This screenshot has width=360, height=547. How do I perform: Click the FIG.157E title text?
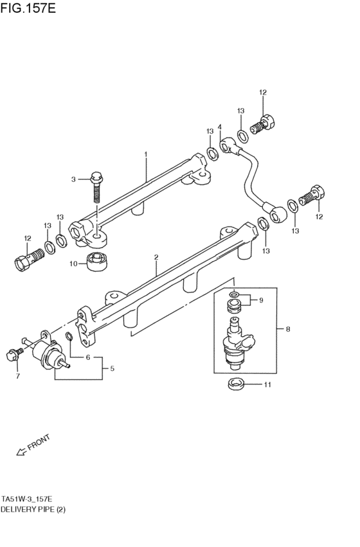28,8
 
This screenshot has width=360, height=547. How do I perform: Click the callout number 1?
146,154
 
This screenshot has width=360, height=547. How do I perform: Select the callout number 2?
156,258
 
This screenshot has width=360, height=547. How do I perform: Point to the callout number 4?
220,127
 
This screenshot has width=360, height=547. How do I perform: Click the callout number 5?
112,368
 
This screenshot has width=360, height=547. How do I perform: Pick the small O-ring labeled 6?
69,336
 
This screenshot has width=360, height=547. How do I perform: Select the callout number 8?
288,329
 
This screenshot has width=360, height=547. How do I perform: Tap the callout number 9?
261,300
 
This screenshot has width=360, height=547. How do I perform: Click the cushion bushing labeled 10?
96,262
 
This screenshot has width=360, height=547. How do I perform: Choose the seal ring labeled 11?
235,384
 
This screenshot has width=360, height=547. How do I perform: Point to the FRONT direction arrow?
22,451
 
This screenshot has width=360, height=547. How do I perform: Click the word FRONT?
39,442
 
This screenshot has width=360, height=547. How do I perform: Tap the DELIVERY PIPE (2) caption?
33,509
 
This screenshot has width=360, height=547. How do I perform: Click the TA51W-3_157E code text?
27,499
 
